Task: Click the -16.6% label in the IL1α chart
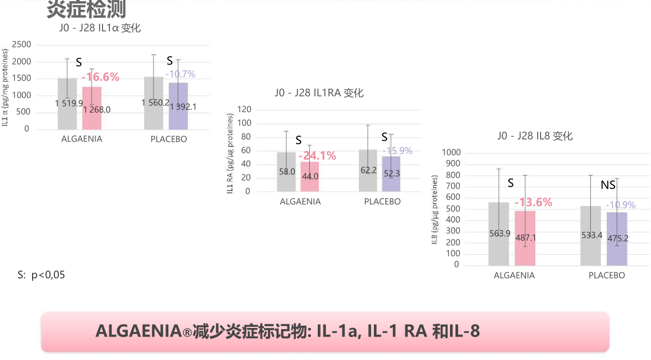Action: pos(100,77)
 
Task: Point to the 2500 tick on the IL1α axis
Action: pos(22,45)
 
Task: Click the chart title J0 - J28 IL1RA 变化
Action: pos(319,93)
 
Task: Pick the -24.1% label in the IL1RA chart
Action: pos(317,156)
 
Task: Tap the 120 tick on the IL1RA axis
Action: pos(244,109)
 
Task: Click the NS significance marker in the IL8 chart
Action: pos(608,185)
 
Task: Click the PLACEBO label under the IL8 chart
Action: pos(606,275)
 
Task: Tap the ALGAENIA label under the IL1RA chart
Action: pos(300,201)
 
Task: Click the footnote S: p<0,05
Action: pos(41,275)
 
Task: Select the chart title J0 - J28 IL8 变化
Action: pos(535,136)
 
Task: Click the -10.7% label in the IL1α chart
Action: pos(180,74)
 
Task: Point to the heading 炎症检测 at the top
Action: pos(86,9)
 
